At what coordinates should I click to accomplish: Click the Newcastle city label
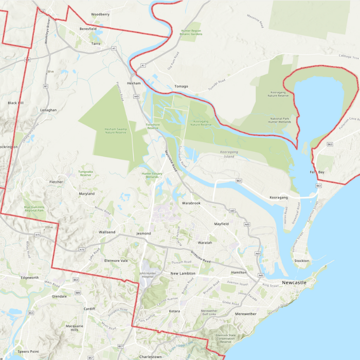(309, 283)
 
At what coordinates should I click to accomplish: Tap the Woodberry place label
(100, 14)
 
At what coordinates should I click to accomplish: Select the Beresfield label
(88, 29)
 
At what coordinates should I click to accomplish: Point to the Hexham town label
(134, 83)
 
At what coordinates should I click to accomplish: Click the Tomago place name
(181, 86)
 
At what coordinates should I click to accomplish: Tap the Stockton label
(302, 261)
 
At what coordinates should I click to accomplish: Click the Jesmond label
(143, 233)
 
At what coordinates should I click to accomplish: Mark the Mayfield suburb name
(221, 224)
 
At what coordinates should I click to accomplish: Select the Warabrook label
(191, 203)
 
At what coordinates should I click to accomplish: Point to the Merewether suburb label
(245, 314)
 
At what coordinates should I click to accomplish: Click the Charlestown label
(150, 356)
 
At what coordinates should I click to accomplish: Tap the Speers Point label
(28, 351)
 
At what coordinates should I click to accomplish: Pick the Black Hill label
(16, 103)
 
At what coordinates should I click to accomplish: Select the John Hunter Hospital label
(147, 275)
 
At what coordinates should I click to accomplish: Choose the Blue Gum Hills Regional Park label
(34, 209)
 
